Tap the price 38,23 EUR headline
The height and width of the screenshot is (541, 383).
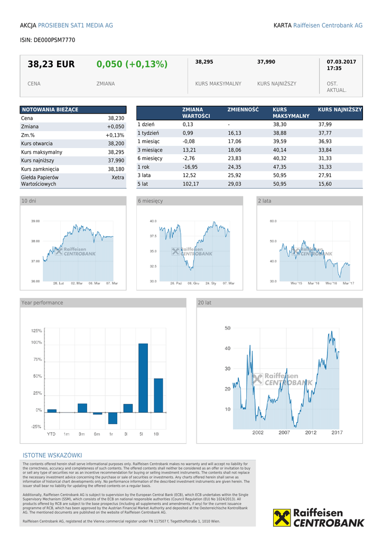click(51, 64)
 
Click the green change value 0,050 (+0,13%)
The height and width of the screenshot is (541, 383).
click(132, 64)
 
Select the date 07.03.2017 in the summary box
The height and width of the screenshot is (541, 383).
click(341, 62)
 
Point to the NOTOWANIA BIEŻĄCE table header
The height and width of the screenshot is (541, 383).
click(50, 109)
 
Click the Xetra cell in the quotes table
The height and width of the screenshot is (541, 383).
click(118, 178)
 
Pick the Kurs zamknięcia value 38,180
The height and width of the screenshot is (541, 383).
click(116, 169)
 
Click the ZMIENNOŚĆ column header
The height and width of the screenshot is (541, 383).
click(243, 109)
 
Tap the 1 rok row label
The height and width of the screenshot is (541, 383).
click(143, 167)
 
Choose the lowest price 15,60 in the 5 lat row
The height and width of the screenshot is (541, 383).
click(325, 184)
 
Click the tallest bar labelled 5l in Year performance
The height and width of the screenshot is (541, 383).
click(143, 377)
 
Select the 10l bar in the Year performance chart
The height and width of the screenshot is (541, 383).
click(158, 395)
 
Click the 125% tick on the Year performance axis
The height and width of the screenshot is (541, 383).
click(36, 331)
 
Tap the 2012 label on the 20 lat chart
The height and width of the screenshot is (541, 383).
click(311, 432)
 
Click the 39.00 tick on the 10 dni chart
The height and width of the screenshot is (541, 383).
click(35, 221)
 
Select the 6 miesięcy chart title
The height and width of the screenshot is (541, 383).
click(151, 201)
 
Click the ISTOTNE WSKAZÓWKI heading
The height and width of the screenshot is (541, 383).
click(52, 455)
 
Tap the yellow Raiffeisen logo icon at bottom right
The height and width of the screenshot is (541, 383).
click(282, 518)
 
